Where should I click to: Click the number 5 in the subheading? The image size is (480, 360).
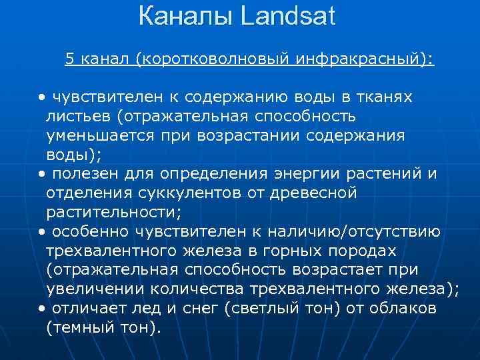coord(69,59)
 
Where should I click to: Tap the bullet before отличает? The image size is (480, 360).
coord(41,309)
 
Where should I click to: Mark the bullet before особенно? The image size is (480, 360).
coord(41,232)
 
